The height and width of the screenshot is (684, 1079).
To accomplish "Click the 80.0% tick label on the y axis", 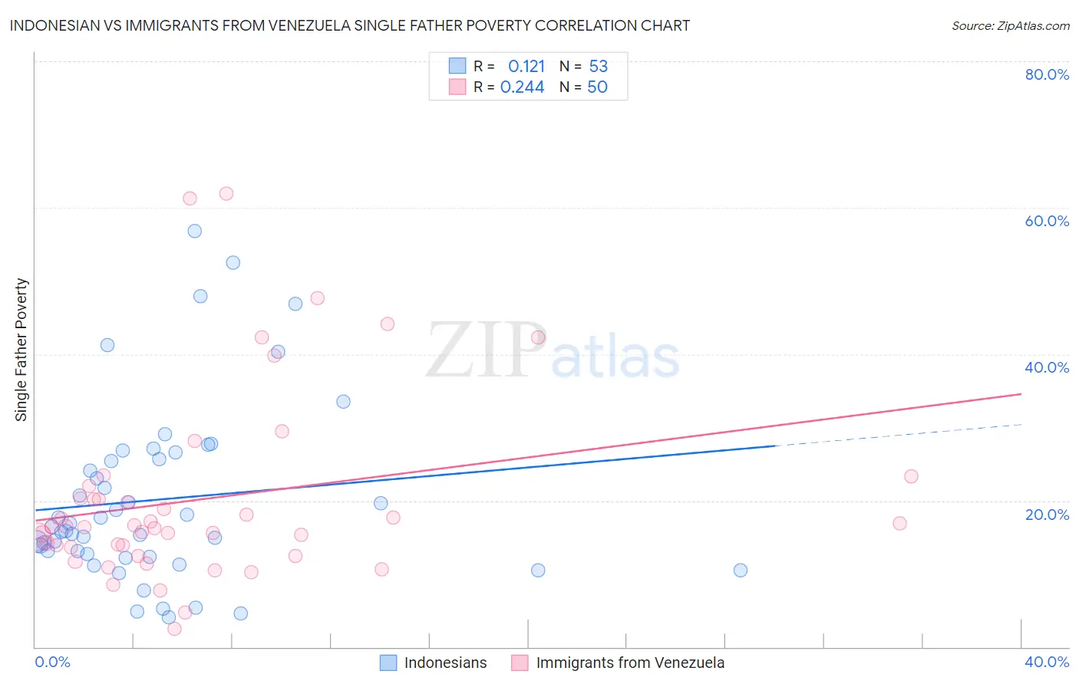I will click(x=1047, y=74).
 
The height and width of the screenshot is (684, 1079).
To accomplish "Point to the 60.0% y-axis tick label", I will click(x=1047, y=221).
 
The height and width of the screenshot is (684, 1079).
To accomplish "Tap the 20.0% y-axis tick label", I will click(x=1047, y=515).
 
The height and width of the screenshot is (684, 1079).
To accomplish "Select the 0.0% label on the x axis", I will click(x=52, y=662).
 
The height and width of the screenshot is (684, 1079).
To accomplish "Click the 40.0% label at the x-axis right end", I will click(x=1047, y=662).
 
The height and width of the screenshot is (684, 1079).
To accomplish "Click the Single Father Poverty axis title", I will click(x=21, y=350).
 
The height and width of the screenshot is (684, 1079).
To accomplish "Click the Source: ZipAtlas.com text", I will click(x=1010, y=25).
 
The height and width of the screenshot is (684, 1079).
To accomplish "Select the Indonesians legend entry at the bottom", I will click(x=434, y=663).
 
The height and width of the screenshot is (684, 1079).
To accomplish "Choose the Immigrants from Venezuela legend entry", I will click(x=618, y=663).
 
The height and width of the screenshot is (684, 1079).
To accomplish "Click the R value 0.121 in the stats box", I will click(x=526, y=67).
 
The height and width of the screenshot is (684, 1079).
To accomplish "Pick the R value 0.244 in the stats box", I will click(x=522, y=87).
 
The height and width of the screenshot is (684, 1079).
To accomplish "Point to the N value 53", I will click(x=598, y=67).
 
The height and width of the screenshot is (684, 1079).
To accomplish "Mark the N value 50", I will click(x=597, y=87).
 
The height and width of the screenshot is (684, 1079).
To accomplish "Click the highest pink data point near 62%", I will click(x=226, y=193).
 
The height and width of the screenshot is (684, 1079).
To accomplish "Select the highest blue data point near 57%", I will click(x=195, y=231).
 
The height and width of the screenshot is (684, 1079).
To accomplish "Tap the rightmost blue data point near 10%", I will click(x=741, y=570).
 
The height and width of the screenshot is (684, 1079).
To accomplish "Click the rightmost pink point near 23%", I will click(x=911, y=476).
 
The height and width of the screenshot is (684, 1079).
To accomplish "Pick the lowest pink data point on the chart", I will click(x=174, y=629).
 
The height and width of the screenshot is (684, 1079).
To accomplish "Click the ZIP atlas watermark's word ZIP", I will click(x=485, y=351).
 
